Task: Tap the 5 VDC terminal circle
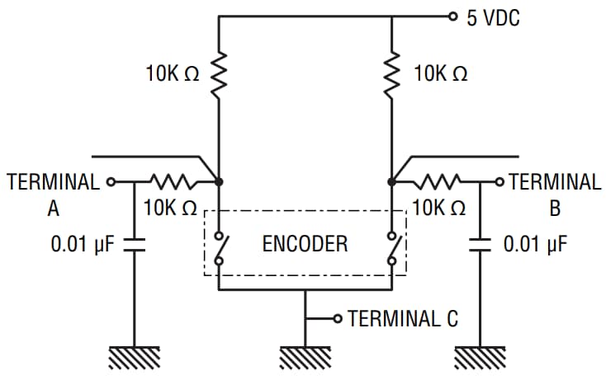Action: point(451,16)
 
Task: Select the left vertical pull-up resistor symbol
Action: point(218,74)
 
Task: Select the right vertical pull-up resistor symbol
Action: point(391,74)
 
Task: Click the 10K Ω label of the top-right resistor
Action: point(441,74)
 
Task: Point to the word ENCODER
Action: point(305,244)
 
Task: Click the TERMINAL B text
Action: point(555,195)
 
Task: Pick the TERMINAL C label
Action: point(403,318)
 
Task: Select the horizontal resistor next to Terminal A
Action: point(172,181)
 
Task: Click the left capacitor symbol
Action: point(134,244)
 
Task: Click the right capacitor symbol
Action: point(479,244)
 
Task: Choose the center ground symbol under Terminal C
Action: point(305,357)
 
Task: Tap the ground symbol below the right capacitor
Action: point(479,357)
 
